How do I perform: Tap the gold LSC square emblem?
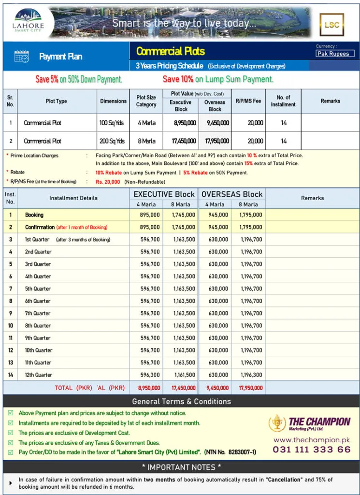pos(331,25)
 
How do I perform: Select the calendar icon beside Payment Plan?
pos(22,57)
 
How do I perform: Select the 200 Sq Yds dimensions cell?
pos(112,141)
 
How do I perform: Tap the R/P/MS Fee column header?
pos(248,101)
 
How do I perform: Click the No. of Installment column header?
pos(283,101)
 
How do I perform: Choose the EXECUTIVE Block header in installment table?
pos(164,194)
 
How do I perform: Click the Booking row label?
pos(34,215)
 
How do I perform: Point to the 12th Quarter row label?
pos(39,375)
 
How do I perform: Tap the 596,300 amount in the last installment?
pos(150,375)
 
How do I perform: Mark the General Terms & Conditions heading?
pos(181,401)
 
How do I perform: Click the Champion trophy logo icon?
pos(277,423)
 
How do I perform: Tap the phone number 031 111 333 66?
pos(312,450)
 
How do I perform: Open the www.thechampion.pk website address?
pos(311,440)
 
